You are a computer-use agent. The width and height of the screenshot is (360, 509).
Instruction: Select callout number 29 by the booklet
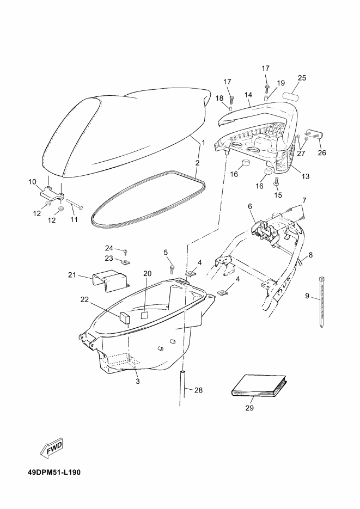coord(250,408)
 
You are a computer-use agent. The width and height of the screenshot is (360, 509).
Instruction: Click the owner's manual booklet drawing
coord(257,387)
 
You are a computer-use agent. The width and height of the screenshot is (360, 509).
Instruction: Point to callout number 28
coord(198,390)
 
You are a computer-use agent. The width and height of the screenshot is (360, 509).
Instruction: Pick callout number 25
coord(302,78)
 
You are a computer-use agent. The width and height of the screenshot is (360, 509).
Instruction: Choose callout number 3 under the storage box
coord(137,382)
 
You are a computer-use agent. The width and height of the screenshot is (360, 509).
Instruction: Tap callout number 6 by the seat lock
coord(251,206)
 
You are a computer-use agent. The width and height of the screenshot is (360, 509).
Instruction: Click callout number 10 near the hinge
coord(32,181)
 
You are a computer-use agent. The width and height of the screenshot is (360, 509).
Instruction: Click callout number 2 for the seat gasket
coord(197,162)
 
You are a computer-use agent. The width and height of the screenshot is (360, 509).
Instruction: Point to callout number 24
coord(109,248)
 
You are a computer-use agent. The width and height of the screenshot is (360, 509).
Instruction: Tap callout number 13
coord(306,176)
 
